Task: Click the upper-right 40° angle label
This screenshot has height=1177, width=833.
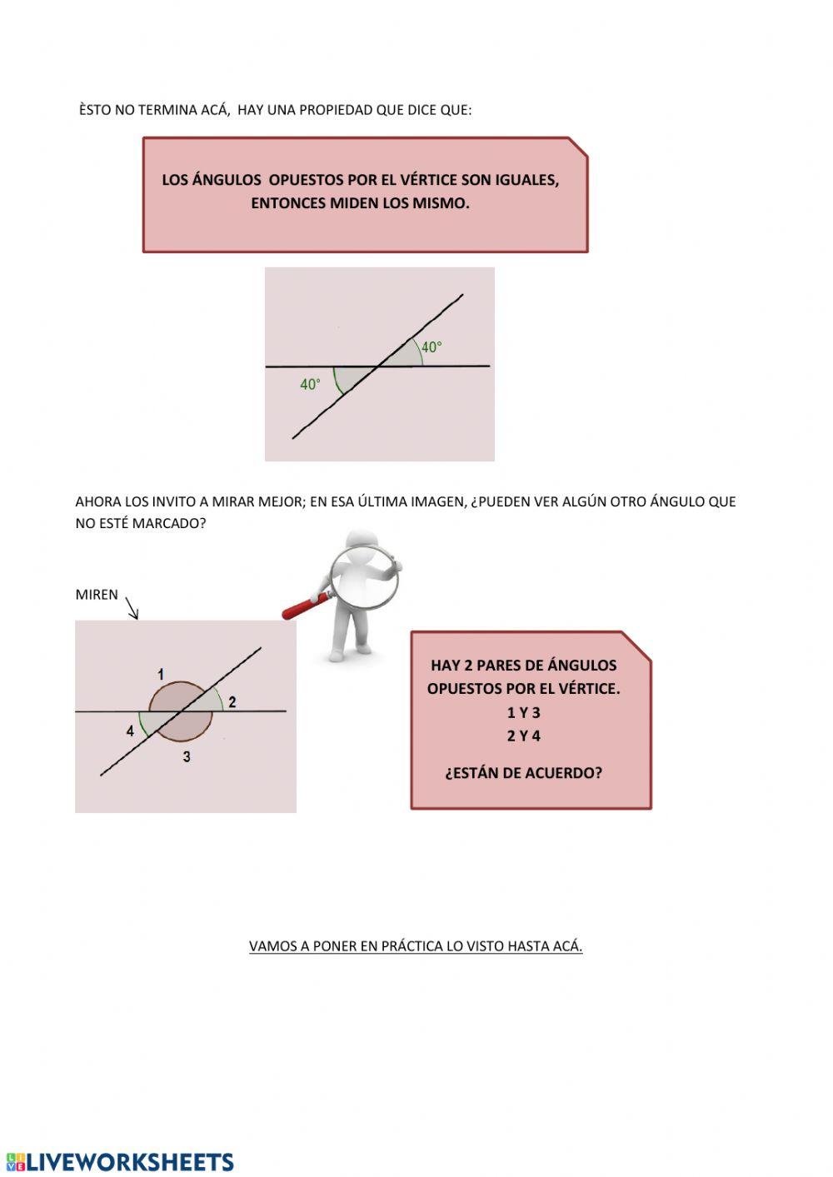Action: [x=431, y=347]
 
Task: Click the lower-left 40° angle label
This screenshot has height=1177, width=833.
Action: [x=310, y=385]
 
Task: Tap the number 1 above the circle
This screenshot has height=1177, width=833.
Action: [x=161, y=674]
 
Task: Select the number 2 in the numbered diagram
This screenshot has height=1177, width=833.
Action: [x=232, y=702]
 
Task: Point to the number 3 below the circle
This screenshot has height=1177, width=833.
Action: [x=187, y=756]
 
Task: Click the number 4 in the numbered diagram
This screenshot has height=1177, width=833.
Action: [x=130, y=731]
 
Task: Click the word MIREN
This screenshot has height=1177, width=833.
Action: [x=97, y=595]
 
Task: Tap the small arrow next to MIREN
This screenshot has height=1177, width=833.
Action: [x=132, y=608]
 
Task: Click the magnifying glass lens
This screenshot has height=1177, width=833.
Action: [x=364, y=575]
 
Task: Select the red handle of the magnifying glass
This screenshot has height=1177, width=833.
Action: [x=305, y=606]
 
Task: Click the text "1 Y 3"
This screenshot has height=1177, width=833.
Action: [x=523, y=712]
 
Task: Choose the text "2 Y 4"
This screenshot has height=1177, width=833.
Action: [x=523, y=736]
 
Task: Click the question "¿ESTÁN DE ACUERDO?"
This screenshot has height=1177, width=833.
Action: [x=523, y=773]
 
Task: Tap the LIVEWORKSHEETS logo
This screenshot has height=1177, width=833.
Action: [x=120, y=1162]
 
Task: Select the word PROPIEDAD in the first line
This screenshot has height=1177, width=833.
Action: [x=336, y=110]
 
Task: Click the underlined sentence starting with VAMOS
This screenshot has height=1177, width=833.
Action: [x=416, y=946]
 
